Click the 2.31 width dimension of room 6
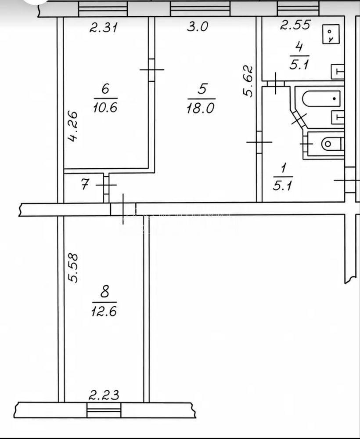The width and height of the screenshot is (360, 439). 104,28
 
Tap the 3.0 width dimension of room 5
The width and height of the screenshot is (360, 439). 198,27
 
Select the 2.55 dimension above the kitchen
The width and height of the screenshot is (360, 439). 295,25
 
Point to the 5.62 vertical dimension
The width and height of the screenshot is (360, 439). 248,81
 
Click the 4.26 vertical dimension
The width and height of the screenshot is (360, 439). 73,126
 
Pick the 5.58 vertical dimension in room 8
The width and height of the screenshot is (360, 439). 73,268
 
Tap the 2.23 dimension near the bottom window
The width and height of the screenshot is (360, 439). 104,395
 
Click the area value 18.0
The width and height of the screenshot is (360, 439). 201,108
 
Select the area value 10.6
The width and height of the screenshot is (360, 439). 105,107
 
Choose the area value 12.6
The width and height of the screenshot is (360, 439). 104,311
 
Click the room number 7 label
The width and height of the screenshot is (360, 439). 85,185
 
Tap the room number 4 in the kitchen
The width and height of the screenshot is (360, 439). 299,47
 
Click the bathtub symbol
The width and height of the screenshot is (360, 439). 321,98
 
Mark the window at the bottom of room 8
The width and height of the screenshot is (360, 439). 104,410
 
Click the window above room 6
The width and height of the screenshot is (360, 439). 103,9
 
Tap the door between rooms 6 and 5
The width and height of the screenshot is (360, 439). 151,70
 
